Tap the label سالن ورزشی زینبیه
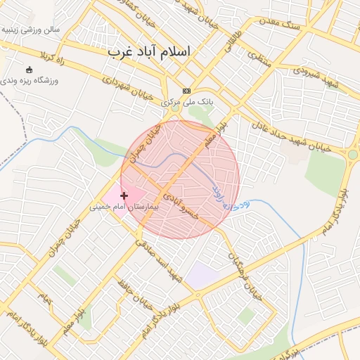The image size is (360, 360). tap(30, 30)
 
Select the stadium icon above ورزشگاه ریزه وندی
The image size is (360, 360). tap(29, 70)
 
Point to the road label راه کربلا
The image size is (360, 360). tap(53, 56)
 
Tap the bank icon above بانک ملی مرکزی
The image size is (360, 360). tap(186, 91)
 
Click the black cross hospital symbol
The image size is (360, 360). tap(124, 195)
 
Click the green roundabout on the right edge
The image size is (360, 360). tap(353, 155)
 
